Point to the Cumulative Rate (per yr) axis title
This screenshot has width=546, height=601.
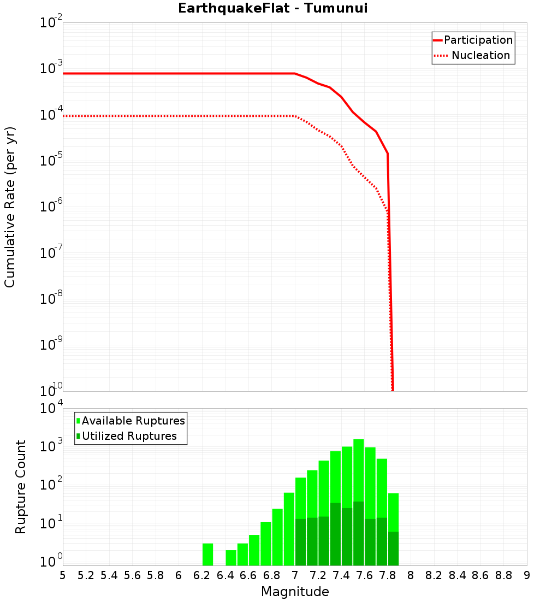point(10,207)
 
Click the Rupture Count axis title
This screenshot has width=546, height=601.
point(21,487)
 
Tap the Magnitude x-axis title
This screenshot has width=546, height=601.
point(295,592)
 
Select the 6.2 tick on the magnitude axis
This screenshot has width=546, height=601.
point(202,575)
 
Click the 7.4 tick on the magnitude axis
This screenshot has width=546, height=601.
point(341,575)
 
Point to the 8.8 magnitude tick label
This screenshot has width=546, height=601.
point(503,575)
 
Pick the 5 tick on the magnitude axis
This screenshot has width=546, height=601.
point(63,575)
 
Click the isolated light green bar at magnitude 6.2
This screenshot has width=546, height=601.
point(207,554)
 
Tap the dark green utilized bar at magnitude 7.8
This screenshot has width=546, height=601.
point(393,549)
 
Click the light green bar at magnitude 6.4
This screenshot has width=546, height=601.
point(231,557)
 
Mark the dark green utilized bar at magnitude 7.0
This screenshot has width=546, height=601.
point(300,542)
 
